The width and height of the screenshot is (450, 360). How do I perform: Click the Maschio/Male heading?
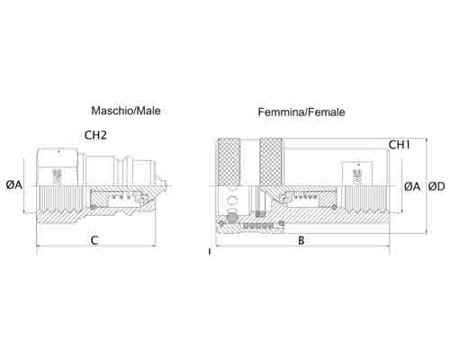click(x=126, y=111)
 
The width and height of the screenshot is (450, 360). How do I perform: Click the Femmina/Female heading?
click(x=301, y=112)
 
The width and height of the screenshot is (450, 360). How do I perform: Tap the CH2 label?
click(x=95, y=135)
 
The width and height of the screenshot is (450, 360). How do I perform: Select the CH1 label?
click(x=400, y=145)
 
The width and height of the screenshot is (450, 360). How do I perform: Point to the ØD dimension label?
click(x=436, y=186)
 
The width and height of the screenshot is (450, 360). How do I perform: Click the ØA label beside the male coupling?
click(x=14, y=184)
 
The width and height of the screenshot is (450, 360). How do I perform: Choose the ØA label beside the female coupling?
click(x=412, y=186)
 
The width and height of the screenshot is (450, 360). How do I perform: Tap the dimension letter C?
click(x=94, y=240)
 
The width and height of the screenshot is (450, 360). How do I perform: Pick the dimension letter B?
click(x=301, y=240)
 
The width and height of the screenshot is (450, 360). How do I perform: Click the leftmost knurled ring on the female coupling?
click(x=229, y=162)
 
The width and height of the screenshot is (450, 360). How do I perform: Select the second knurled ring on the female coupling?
click(x=271, y=162)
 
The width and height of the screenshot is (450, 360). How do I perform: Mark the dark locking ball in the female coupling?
click(x=231, y=218)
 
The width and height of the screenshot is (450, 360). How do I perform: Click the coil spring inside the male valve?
click(x=121, y=197)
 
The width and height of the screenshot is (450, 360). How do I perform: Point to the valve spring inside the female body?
click(x=306, y=197)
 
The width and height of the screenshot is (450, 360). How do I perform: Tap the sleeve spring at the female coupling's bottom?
click(x=258, y=225)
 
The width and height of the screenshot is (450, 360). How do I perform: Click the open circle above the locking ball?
click(x=232, y=200)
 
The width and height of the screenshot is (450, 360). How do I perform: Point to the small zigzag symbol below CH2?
click(x=57, y=176)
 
